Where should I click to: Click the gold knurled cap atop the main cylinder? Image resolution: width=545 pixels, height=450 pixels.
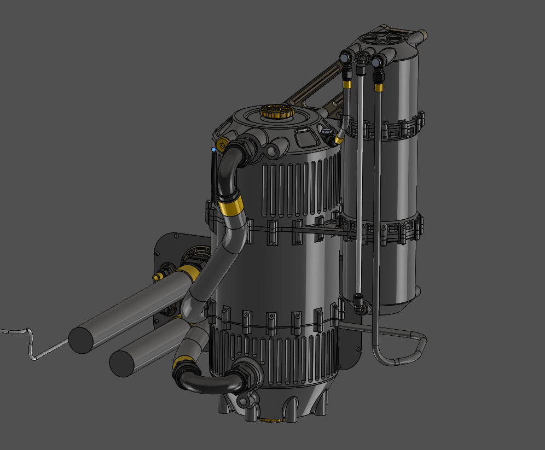277,113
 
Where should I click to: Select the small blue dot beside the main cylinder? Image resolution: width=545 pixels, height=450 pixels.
213,149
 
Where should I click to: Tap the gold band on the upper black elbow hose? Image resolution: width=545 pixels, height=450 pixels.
231,206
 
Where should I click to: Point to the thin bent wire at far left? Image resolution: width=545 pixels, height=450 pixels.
27,342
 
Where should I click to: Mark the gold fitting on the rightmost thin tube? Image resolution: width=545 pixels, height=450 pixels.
378,86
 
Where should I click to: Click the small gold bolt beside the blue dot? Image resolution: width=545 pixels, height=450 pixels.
221,145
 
